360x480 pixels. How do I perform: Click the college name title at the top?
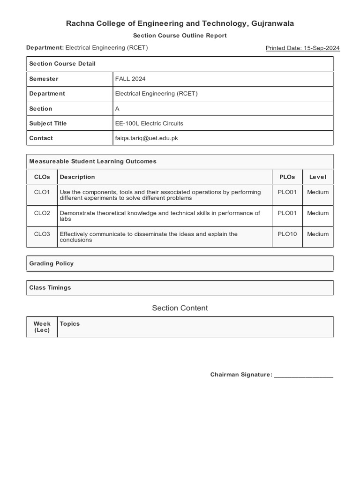click(180, 23)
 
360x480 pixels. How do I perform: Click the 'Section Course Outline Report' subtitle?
click(180, 36)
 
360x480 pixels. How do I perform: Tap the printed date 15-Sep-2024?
click(302, 48)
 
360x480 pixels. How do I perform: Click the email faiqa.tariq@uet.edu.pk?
click(146, 138)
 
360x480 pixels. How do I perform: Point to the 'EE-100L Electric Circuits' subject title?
click(149, 123)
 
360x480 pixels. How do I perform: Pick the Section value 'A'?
click(117, 108)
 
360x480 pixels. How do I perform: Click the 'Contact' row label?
click(41, 138)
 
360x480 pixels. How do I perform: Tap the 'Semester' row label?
click(44, 79)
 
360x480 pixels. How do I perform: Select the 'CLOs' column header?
click(42, 177)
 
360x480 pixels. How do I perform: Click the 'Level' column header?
click(318, 177)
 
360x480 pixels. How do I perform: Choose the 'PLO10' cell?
click(287, 234)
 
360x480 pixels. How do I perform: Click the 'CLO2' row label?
click(42, 213)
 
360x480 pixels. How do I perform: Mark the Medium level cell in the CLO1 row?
click(318, 192)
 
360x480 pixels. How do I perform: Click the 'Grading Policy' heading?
click(52, 263)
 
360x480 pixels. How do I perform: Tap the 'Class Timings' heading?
click(50, 287)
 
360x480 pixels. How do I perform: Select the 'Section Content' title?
click(180, 308)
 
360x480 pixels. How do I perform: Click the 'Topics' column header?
click(70, 323)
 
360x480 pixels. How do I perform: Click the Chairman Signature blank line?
click(303, 375)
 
